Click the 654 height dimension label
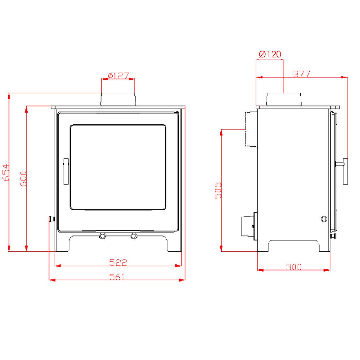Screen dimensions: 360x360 click(6, 172)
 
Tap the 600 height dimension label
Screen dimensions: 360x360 click(23, 179)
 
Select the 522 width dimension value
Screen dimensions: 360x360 click(118, 262)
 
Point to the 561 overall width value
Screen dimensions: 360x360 click(116, 277)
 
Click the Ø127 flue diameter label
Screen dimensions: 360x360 click(118, 76)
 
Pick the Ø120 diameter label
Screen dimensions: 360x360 click(270, 54)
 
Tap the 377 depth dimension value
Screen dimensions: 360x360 click(301, 74)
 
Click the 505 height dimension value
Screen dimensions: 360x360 click(218, 190)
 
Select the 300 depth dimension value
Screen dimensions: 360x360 click(294, 267)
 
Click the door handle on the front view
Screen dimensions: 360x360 click(66, 171)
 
